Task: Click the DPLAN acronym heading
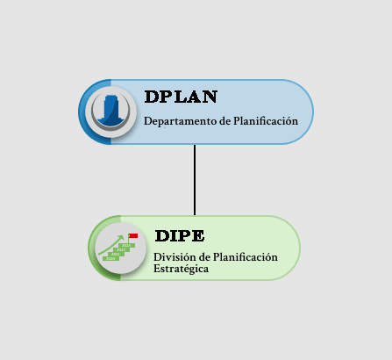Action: [x=181, y=97]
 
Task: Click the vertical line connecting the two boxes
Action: [x=195, y=180]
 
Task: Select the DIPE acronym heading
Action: [x=180, y=236]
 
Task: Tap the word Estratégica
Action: [x=181, y=269]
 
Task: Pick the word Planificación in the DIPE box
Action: [x=246, y=257]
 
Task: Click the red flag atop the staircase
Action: [x=133, y=236]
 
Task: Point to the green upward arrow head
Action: [x=120, y=237]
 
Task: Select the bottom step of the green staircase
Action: [x=110, y=259]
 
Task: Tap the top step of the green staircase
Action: [x=126, y=246]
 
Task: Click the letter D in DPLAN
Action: [x=152, y=97]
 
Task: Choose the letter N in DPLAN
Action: [x=210, y=97]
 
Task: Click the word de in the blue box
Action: [x=225, y=121]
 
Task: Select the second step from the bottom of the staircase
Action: [x=116, y=255]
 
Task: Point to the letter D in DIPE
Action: [x=161, y=236]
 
